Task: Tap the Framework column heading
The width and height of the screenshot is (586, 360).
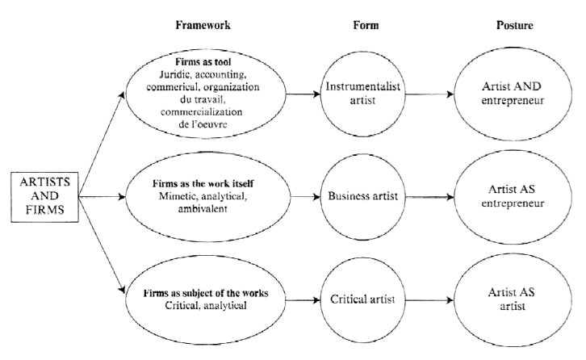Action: (x=203, y=25)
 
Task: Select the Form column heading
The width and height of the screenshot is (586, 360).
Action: (x=366, y=25)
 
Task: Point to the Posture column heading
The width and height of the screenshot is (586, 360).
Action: (x=515, y=25)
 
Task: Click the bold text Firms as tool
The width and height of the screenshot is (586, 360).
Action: (x=203, y=61)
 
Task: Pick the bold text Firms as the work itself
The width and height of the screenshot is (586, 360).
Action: (x=203, y=183)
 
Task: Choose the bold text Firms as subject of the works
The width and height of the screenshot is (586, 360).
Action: (x=206, y=293)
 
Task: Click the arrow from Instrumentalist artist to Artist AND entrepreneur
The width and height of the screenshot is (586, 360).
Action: (x=429, y=94)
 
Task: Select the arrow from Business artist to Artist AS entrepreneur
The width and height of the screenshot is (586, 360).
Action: (x=429, y=197)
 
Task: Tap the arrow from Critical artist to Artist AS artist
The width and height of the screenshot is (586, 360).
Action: (x=429, y=300)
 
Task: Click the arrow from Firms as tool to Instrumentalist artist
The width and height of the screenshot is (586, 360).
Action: (x=303, y=94)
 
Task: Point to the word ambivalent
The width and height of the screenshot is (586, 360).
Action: (x=203, y=208)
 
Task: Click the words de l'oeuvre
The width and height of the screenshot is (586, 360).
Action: (x=203, y=124)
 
